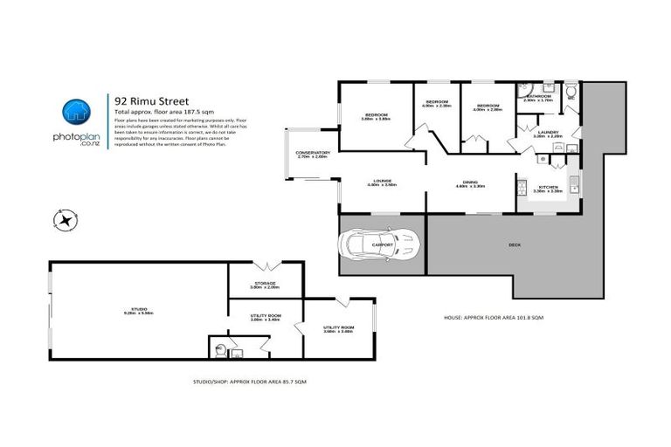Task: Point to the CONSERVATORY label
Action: pyautogui.click(x=313, y=154)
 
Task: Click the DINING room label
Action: pyautogui.click(x=470, y=182)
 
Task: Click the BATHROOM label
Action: pyautogui.click(x=536, y=97)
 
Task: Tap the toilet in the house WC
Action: pyautogui.click(x=571, y=91)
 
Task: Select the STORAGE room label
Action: pyautogui.click(x=265, y=284)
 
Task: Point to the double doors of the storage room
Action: pyautogui.click(x=266, y=265)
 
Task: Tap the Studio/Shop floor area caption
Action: pyautogui.click(x=249, y=382)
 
